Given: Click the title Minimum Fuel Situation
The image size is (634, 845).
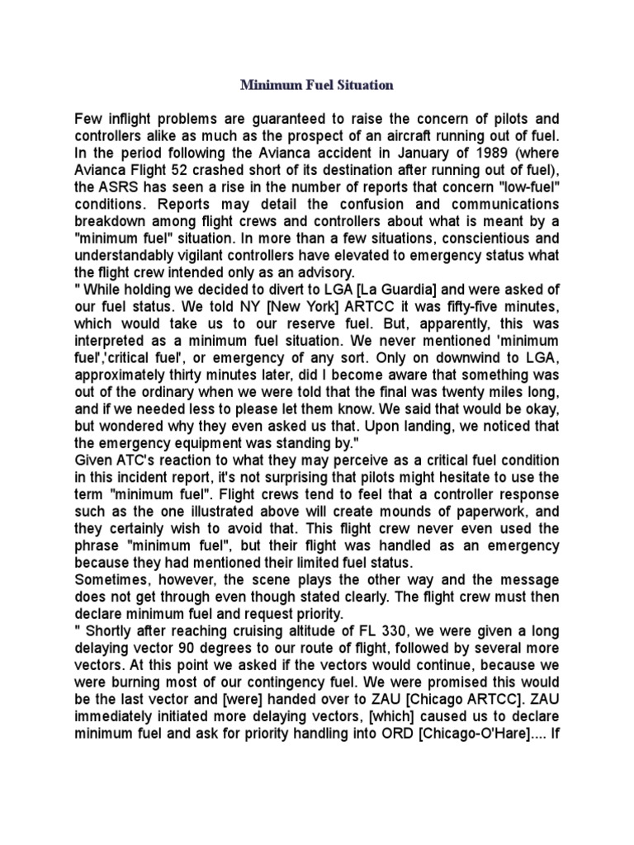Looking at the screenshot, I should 317,85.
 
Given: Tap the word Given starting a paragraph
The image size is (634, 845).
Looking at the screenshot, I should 94,460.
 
